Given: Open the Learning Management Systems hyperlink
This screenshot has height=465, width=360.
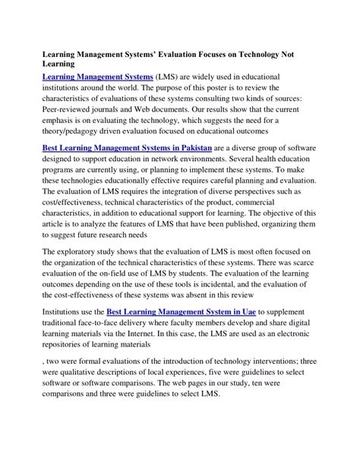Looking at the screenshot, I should click(96, 77).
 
